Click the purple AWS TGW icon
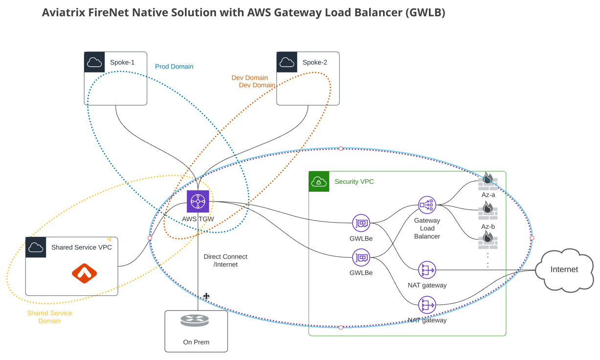click(x=198, y=202)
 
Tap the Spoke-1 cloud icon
click(x=94, y=62)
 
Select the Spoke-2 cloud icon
click(x=287, y=62)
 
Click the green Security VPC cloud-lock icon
click(x=319, y=181)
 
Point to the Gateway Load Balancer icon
click(x=426, y=204)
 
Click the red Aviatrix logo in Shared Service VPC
click(x=84, y=273)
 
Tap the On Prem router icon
click(x=195, y=321)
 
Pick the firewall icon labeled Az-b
click(x=488, y=211)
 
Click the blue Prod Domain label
click(x=174, y=67)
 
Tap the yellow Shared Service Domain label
click(x=49, y=317)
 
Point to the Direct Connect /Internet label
click(x=225, y=260)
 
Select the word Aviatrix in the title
click(x=64, y=13)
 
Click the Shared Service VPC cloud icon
click(x=36, y=247)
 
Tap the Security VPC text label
click(x=354, y=181)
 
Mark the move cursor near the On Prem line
click(x=206, y=296)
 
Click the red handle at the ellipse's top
click(x=341, y=148)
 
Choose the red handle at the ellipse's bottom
click(x=341, y=327)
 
